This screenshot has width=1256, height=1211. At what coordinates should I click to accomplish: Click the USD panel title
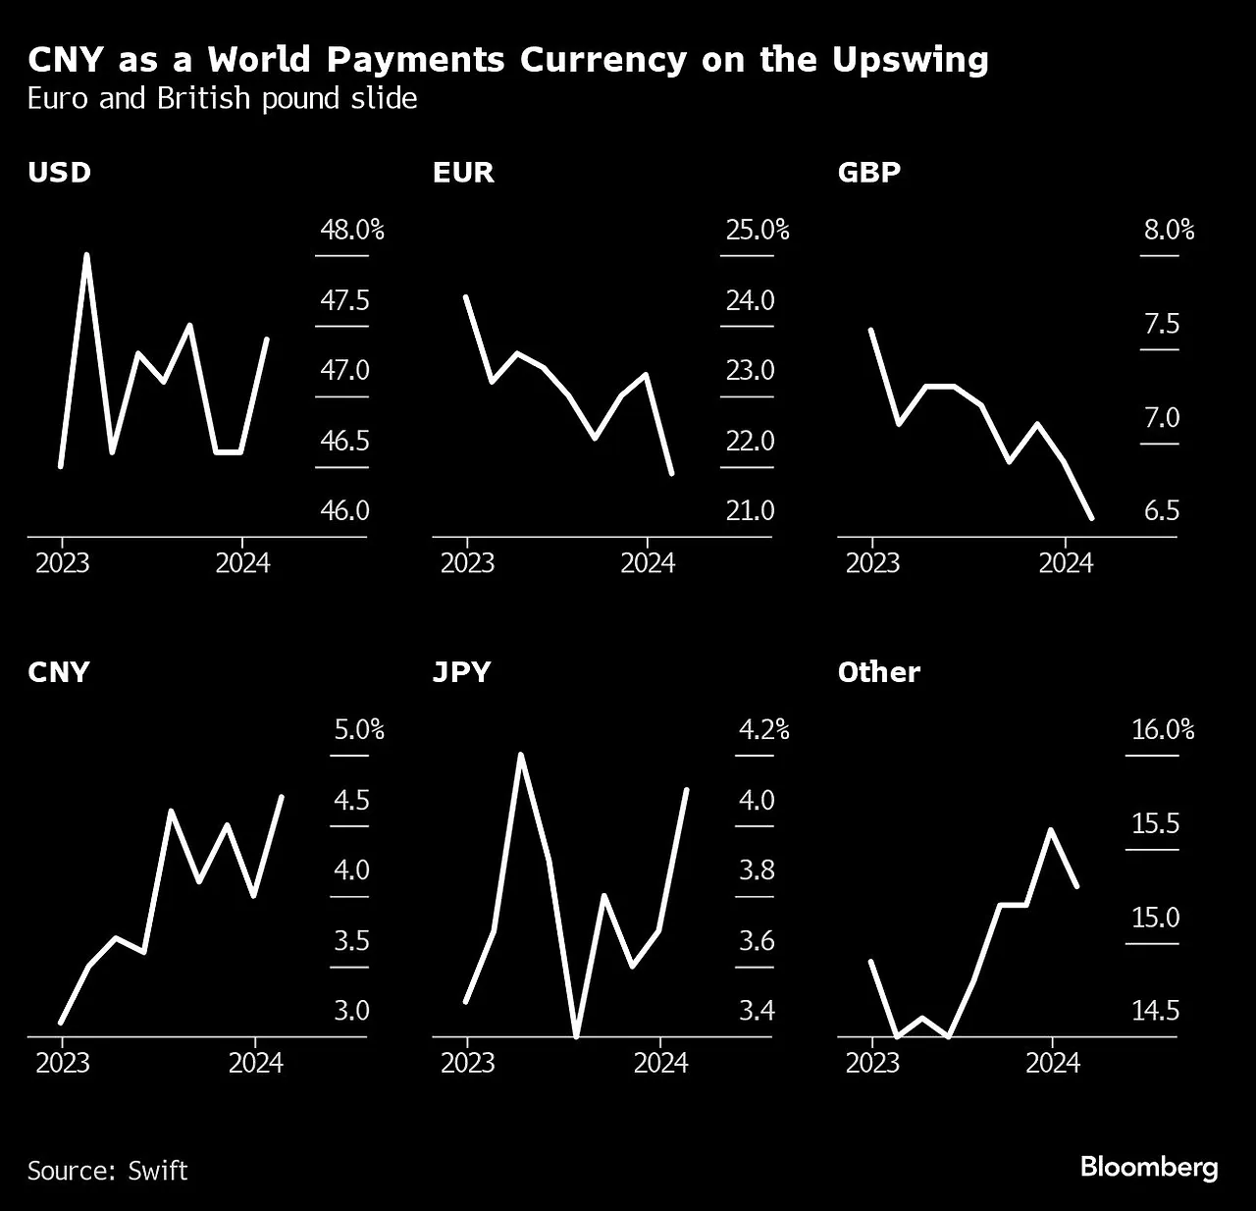click(59, 173)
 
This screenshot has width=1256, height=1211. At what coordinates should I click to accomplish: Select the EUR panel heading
click(463, 173)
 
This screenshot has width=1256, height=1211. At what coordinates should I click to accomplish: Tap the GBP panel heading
click(868, 173)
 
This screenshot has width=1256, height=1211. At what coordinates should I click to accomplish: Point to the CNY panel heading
click(59, 672)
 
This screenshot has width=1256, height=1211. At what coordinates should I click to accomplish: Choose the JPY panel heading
click(461, 672)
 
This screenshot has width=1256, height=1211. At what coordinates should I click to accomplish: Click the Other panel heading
click(879, 672)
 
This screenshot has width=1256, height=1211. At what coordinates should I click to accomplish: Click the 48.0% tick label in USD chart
click(351, 230)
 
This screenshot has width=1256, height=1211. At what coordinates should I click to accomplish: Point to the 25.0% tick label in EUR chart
click(757, 230)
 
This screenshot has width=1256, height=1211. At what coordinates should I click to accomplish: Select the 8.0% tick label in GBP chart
click(1169, 230)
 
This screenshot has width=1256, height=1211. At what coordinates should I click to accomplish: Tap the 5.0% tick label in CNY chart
click(358, 729)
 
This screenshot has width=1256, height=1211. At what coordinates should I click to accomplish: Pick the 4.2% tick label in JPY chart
click(762, 729)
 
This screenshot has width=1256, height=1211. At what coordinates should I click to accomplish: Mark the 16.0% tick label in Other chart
click(1163, 729)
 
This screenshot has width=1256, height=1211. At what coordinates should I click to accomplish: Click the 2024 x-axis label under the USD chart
click(242, 563)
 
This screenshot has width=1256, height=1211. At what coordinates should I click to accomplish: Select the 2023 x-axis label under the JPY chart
click(467, 1063)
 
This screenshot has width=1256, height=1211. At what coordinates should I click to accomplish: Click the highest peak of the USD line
click(86, 255)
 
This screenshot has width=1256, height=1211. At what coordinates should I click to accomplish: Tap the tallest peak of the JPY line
click(520, 755)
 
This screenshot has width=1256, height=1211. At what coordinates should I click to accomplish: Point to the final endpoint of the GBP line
click(1092, 517)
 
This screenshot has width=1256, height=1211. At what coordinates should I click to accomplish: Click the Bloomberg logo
click(1148, 1167)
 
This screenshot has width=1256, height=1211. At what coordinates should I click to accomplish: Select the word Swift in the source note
click(157, 1171)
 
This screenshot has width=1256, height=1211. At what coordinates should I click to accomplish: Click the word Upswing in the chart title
click(911, 60)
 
